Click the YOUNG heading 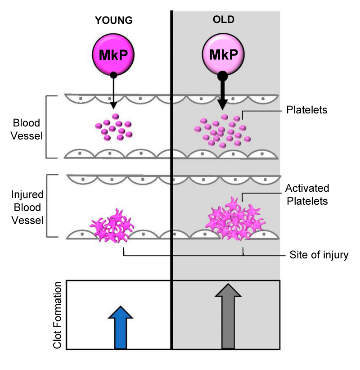114,21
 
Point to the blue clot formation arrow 120,326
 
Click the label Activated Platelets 307,194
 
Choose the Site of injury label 319,255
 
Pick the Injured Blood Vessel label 27,208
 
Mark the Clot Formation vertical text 57,315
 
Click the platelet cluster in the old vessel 220,131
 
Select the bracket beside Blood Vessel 47,127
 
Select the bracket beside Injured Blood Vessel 47,206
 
